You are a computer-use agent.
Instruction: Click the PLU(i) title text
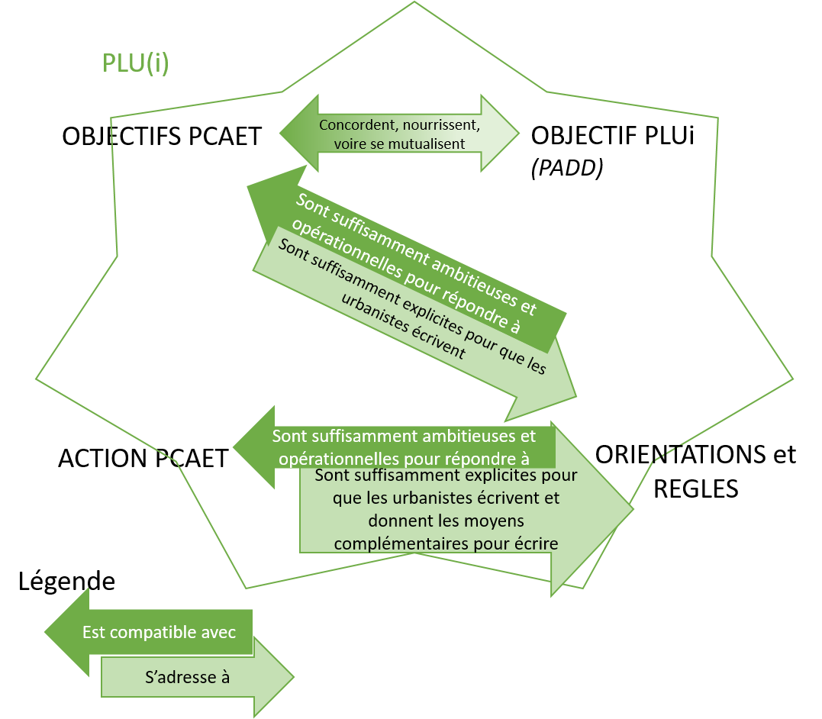pos(136,63)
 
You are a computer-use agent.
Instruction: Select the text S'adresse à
pos(187,676)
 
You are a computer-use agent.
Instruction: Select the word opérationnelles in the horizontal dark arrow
pos(337,459)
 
